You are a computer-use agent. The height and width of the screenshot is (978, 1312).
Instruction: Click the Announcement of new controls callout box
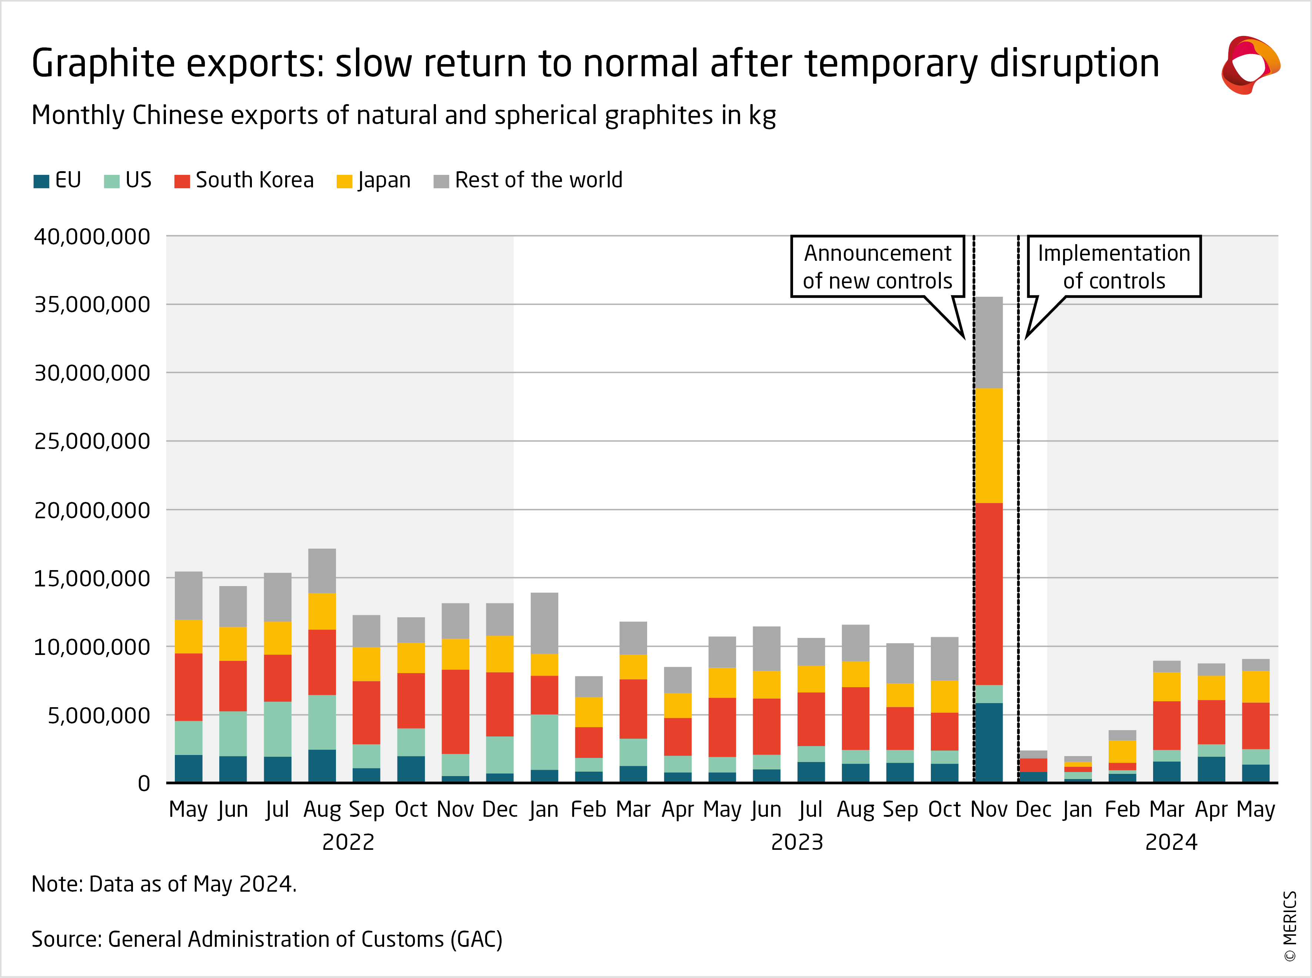[878, 266]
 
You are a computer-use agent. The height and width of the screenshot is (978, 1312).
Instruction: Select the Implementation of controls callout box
[1114, 266]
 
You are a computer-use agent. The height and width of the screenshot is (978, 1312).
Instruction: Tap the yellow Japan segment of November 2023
[988, 445]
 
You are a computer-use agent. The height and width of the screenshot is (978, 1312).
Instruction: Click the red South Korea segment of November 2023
[988, 594]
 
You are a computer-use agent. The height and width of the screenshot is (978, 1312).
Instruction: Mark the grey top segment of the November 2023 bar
[988, 342]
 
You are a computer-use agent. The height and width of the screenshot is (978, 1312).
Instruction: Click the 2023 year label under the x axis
[796, 842]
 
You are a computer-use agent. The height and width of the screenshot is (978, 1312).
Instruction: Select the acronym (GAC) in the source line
[476, 939]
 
